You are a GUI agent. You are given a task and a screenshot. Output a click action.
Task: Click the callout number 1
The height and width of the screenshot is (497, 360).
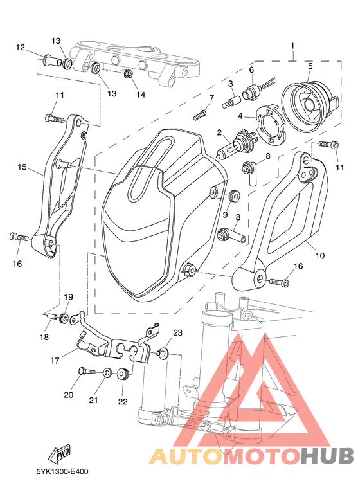tap(292, 46)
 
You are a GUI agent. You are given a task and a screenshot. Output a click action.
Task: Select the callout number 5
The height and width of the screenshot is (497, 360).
tap(310, 66)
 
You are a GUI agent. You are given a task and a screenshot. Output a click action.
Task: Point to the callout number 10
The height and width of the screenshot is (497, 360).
tap(320, 255)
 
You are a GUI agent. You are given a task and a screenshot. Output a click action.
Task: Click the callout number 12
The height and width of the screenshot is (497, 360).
tap(21, 48)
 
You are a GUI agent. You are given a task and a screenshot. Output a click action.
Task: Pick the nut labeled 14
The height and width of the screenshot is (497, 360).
tap(129, 74)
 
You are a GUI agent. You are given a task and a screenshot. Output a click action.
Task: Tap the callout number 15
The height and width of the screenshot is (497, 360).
tap(22, 167)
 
